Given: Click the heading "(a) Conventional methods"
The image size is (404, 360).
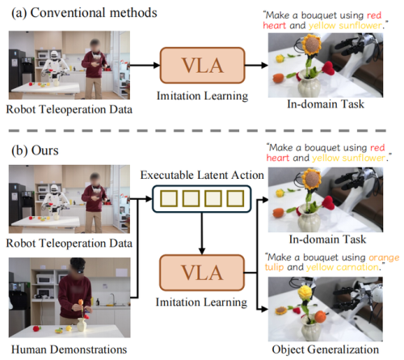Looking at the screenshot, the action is (x=84, y=13).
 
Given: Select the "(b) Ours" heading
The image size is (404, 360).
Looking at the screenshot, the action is (x=35, y=150).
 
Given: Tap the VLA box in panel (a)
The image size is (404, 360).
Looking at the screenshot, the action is (x=203, y=66).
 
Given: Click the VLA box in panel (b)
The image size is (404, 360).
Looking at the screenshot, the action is (x=202, y=273).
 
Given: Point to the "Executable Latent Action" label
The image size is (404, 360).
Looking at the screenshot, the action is (x=202, y=175).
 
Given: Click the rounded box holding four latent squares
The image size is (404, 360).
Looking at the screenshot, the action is (x=202, y=199).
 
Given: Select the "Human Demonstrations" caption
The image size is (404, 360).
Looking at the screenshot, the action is (x=69, y=349).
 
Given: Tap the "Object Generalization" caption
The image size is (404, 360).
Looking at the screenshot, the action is (x=326, y=349).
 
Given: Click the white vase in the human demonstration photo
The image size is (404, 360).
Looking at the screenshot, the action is (x=82, y=324).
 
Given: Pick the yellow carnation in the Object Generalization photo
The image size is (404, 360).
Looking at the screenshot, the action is (x=305, y=293).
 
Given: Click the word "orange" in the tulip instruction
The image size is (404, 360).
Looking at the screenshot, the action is (x=384, y=258).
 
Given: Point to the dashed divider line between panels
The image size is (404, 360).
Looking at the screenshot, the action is (x=197, y=130).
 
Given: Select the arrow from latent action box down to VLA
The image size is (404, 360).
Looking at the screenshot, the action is (x=202, y=234).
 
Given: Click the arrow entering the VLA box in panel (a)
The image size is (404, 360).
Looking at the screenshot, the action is (x=145, y=65).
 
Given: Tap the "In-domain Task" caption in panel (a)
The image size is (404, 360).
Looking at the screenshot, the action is (x=326, y=104).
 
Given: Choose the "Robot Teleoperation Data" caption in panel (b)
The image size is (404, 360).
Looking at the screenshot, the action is (x=69, y=244).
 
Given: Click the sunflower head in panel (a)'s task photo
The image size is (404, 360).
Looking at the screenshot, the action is (x=312, y=44).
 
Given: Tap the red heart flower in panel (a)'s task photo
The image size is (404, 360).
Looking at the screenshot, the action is (x=328, y=68).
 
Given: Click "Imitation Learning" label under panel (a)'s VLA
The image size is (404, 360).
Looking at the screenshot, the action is (x=202, y=96).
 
